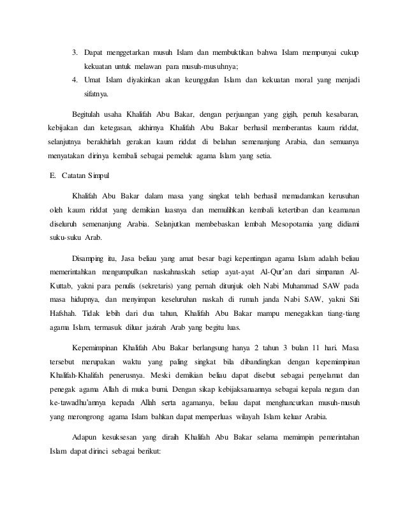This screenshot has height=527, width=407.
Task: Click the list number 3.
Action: point(74,52)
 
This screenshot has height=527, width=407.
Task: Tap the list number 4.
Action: point(74,80)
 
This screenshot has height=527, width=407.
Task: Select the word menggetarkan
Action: point(131,52)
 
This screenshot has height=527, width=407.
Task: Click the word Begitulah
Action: point(91,114)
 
